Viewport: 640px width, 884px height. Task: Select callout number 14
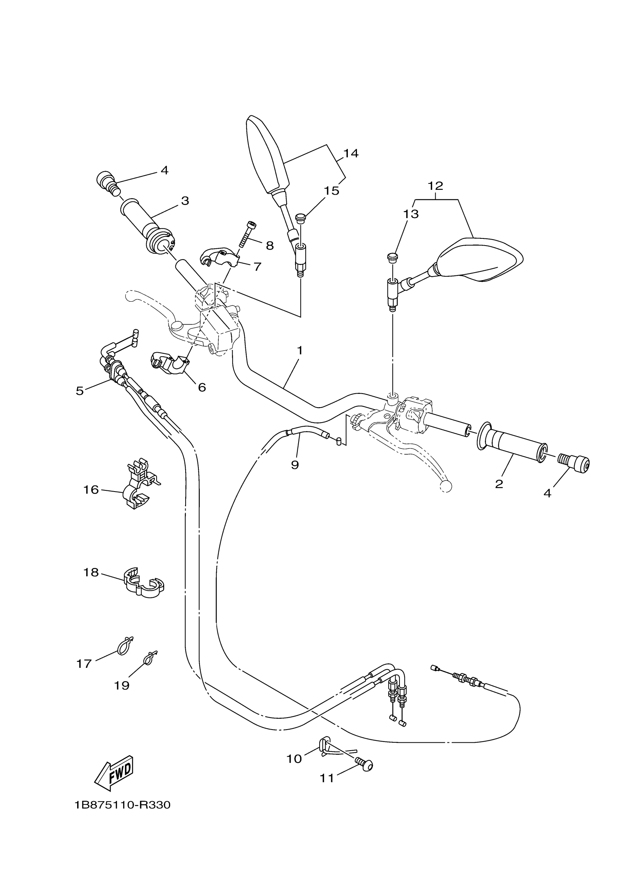pyautogui.click(x=350, y=153)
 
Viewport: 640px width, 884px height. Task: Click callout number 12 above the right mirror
pyautogui.click(x=436, y=186)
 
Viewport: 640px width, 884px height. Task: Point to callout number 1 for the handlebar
pyautogui.click(x=300, y=350)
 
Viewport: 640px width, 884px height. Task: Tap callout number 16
pyautogui.click(x=91, y=490)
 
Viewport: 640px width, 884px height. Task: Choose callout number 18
pyautogui.click(x=91, y=572)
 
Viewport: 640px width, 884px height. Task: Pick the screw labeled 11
pyautogui.click(x=364, y=765)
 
